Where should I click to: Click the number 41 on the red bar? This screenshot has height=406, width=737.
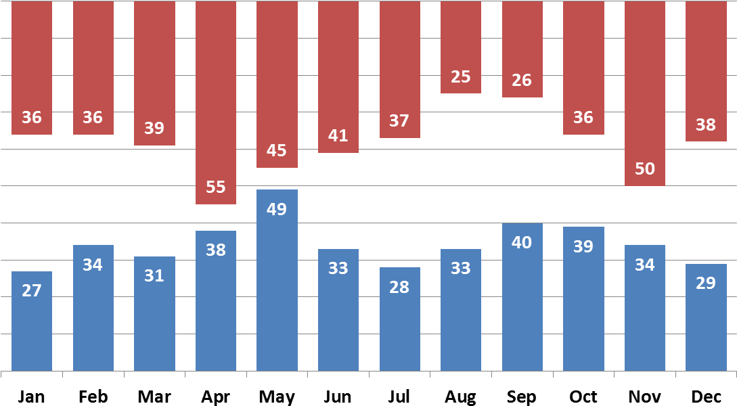(338, 136)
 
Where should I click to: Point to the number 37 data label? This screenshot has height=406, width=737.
(399, 121)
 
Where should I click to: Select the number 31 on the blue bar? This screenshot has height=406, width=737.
(154, 276)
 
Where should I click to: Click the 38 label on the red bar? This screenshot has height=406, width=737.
(706, 125)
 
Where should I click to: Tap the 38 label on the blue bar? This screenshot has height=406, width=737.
(216, 250)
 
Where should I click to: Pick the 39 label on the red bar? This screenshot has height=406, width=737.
(154, 129)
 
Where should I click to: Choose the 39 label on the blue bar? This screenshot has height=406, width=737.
(583, 247)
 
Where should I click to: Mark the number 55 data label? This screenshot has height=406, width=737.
(216, 187)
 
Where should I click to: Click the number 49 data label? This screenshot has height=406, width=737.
(277, 210)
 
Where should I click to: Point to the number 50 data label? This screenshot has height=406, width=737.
(645, 169)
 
